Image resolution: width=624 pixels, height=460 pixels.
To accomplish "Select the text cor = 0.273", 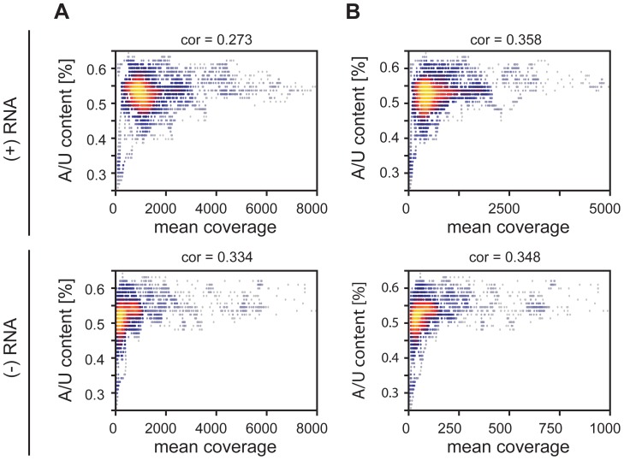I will click(x=216, y=38).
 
